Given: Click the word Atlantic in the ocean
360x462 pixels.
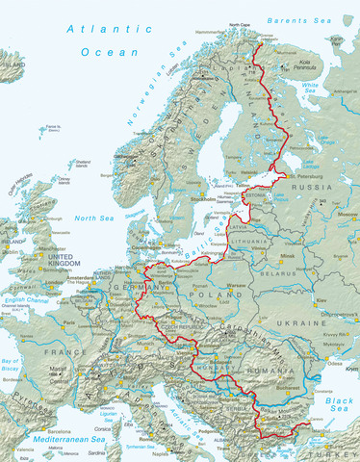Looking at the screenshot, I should click(x=96, y=30).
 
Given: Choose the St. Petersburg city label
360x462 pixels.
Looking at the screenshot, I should click(x=303, y=177).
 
